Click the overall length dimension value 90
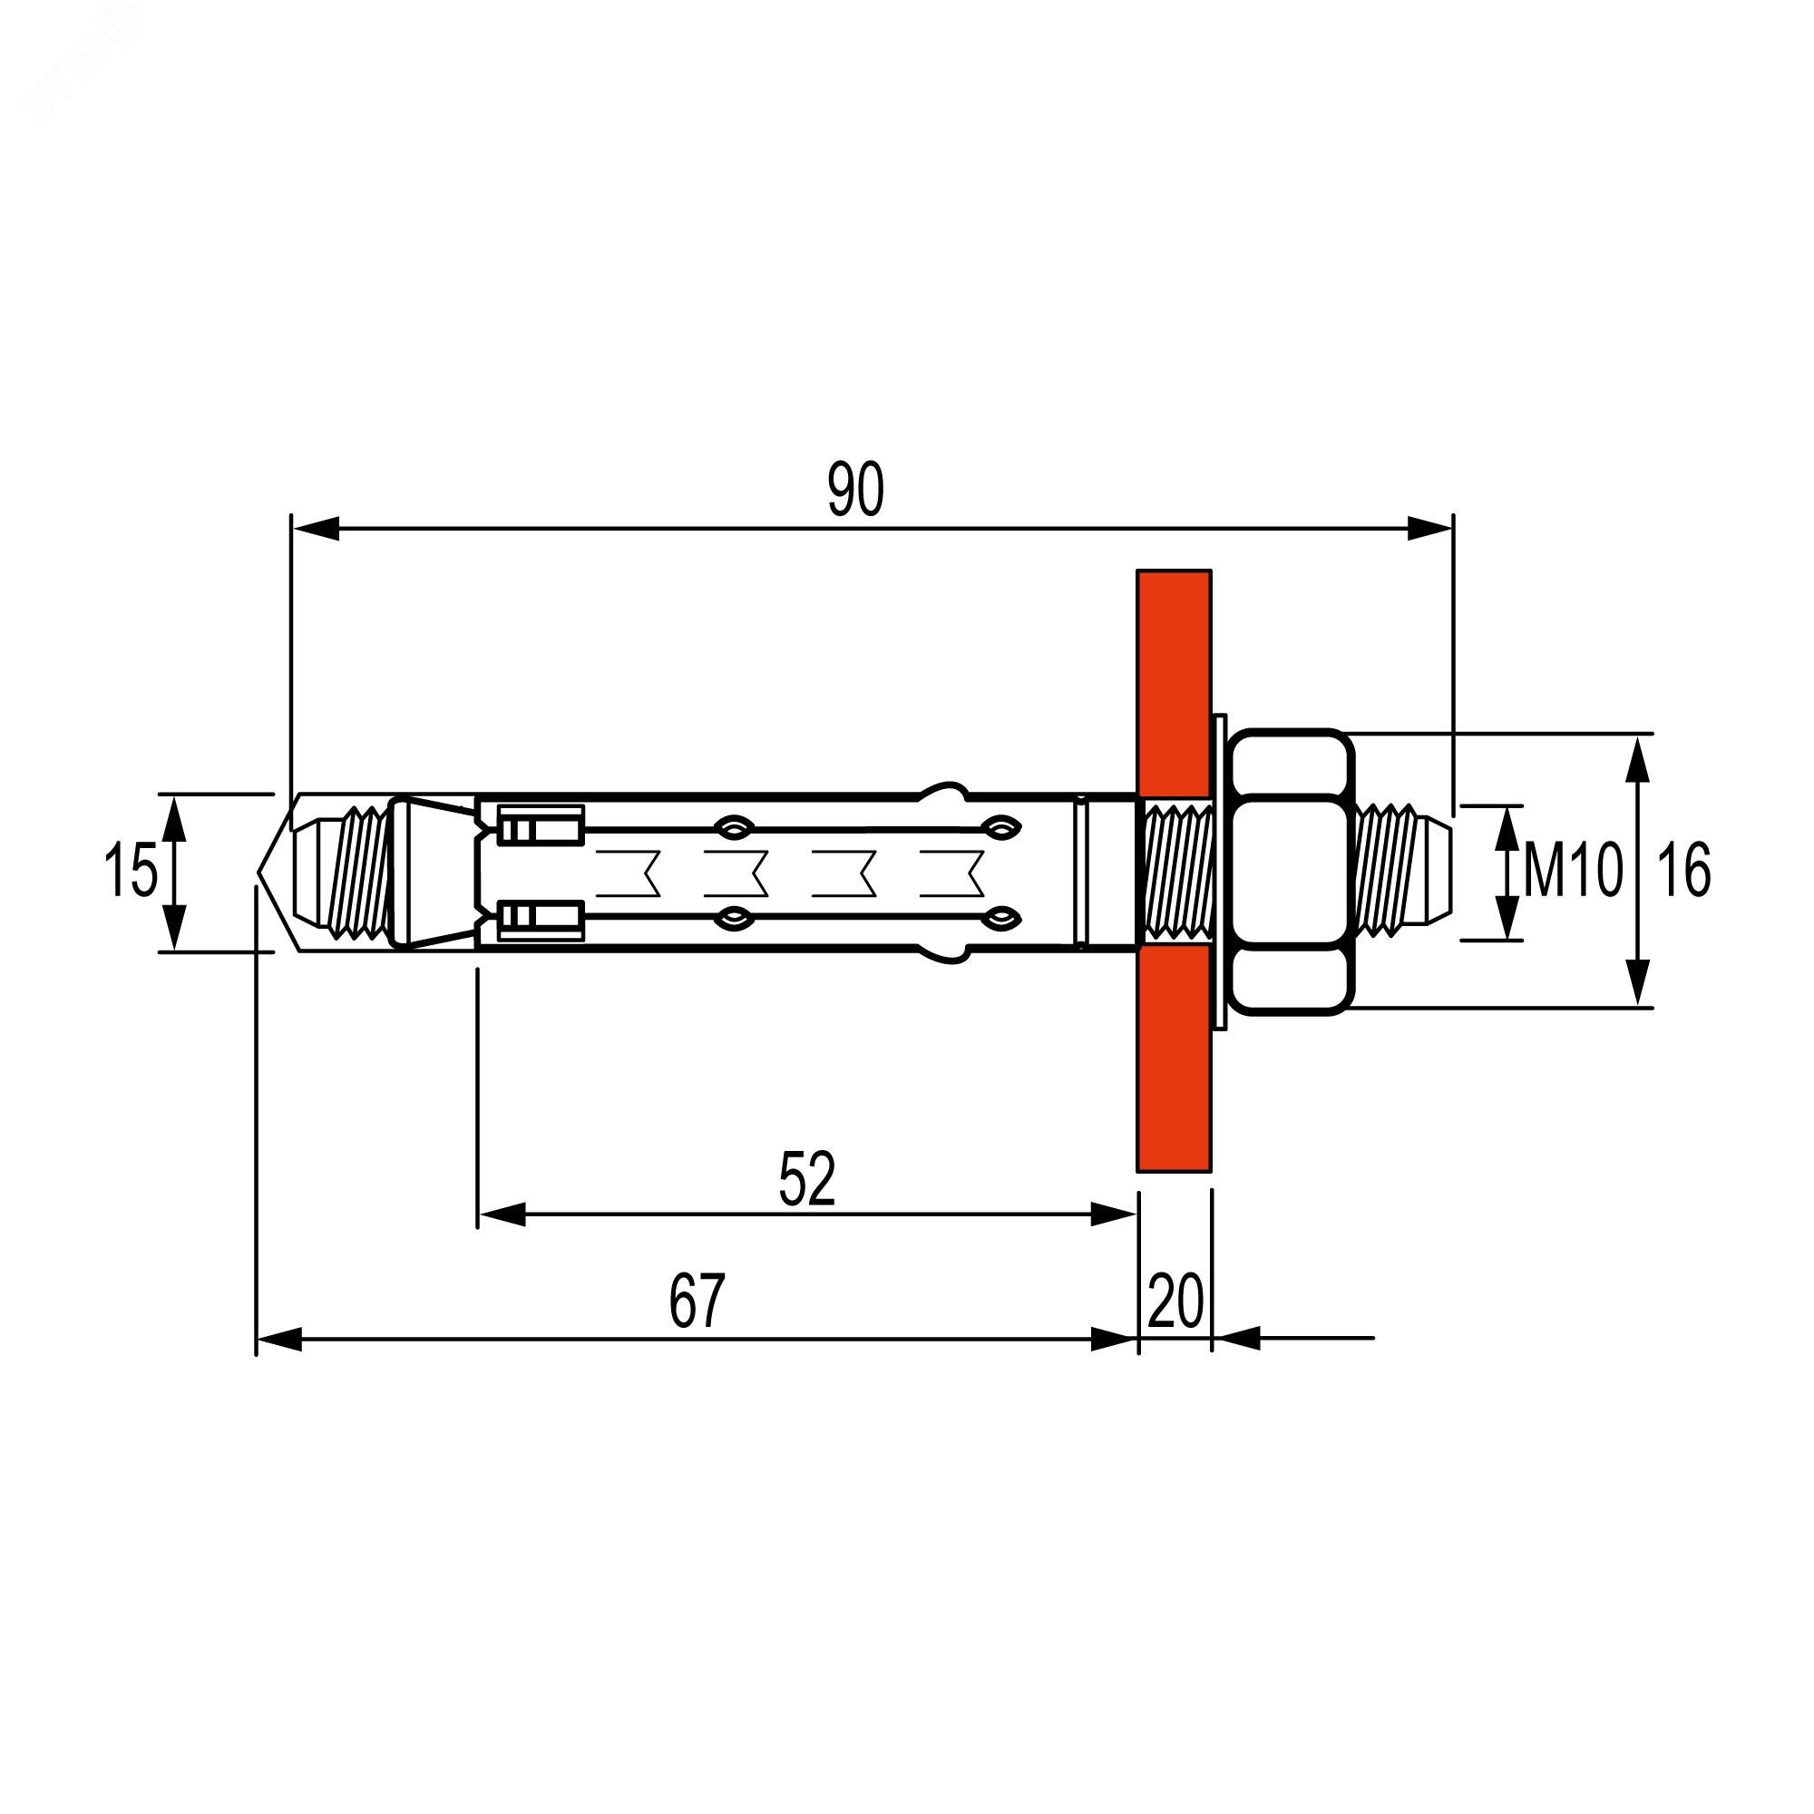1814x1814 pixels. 855,490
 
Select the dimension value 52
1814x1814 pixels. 806,1180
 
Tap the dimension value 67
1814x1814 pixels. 697,1302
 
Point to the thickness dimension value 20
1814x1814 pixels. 1175,1302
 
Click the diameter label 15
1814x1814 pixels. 130,871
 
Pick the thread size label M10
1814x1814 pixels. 1572,871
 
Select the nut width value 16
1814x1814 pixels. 1683,871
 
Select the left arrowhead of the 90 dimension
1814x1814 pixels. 315,530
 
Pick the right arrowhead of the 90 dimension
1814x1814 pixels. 1430,530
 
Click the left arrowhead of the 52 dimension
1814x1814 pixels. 502,1215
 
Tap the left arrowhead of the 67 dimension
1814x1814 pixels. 278,1339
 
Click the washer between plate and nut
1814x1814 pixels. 1219,872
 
